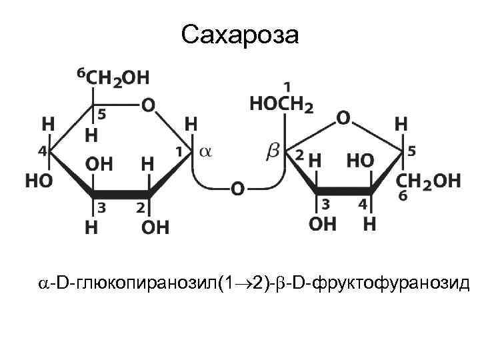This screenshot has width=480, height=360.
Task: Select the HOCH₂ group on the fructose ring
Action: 280,104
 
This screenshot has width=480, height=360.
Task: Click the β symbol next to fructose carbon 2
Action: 273,152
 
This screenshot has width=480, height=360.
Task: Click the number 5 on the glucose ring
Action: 103,115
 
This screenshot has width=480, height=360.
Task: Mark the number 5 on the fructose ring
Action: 411,151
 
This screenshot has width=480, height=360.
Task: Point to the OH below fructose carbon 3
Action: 323,223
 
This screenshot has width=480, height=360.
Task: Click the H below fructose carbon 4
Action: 369,223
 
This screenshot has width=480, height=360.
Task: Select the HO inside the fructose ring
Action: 360,161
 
